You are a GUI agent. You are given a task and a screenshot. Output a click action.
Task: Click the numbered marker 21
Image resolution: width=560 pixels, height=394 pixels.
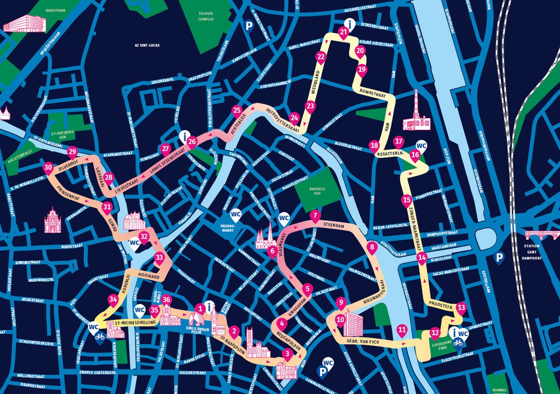pyautogui.click(x=344, y=33)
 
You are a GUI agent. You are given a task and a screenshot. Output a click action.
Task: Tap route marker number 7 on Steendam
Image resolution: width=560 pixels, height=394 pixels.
pyautogui.click(x=315, y=216)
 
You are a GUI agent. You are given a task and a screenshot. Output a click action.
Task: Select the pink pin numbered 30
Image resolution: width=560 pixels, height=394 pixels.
pyautogui.click(x=48, y=168)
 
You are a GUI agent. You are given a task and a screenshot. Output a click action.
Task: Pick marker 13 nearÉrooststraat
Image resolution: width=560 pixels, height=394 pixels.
pyautogui.click(x=461, y=308)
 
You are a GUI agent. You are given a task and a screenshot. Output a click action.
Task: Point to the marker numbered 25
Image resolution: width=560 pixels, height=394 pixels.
pyautogui.click(x=237, y=111)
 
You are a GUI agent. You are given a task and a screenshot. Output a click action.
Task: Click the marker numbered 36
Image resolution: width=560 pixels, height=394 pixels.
pyautogui.click(x=167, y=300)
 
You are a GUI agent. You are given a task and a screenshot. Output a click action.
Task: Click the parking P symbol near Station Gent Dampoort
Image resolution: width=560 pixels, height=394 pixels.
pyautogui.click(x=499, y=257)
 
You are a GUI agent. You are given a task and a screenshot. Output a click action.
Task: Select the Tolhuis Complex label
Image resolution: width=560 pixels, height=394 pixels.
pyautogui.click(x=205, y=16)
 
